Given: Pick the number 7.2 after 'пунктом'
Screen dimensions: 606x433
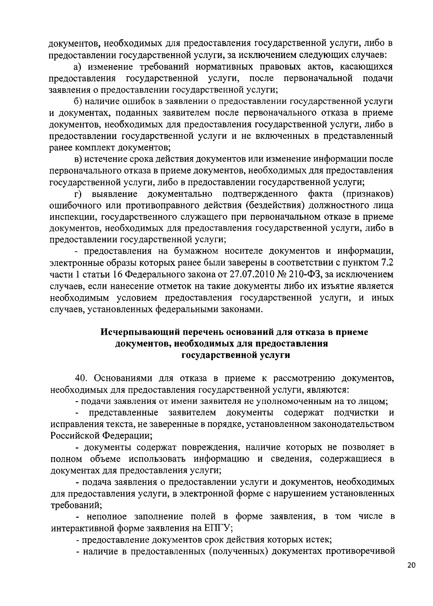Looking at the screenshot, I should point(386,263).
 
